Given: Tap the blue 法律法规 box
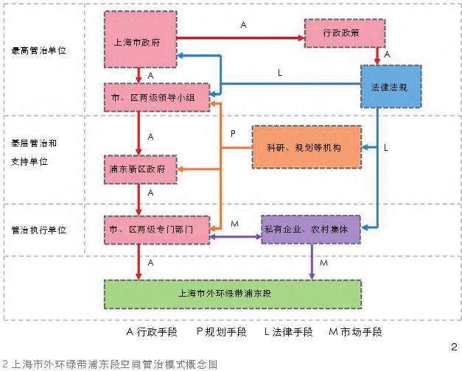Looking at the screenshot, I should pos(391,87).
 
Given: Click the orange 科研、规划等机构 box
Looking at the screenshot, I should pos(307,146).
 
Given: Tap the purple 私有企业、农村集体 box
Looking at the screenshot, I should pos(309,230).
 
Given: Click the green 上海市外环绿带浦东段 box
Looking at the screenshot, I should pos(225,293).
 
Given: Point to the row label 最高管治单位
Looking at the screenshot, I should pos(40,52).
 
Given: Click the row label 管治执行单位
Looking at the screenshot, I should pos(40,230).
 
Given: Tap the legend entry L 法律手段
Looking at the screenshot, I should pos(289,332).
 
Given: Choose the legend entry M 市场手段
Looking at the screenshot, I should pos(355,332).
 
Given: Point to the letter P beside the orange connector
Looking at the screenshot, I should pos(232,134).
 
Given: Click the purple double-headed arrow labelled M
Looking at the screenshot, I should pos(236,236).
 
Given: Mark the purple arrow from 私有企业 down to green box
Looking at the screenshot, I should pos(311,262).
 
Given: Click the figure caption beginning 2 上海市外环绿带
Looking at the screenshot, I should pos(111,363).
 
